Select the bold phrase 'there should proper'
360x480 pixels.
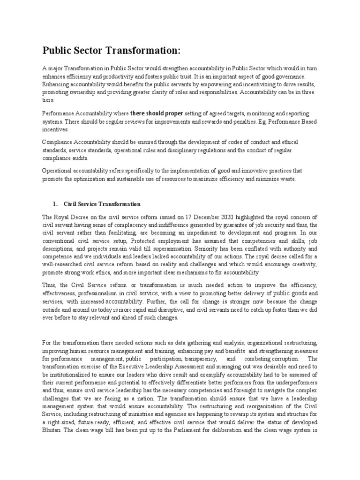pyautogui.click(x=157, y=113)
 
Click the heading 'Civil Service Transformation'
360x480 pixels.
pyautogui.click(x=102, y=204)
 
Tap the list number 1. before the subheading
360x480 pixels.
pyautogui.click(x=55, y=204)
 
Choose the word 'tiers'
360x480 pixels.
pyautogui.click(x=48, y=100)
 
